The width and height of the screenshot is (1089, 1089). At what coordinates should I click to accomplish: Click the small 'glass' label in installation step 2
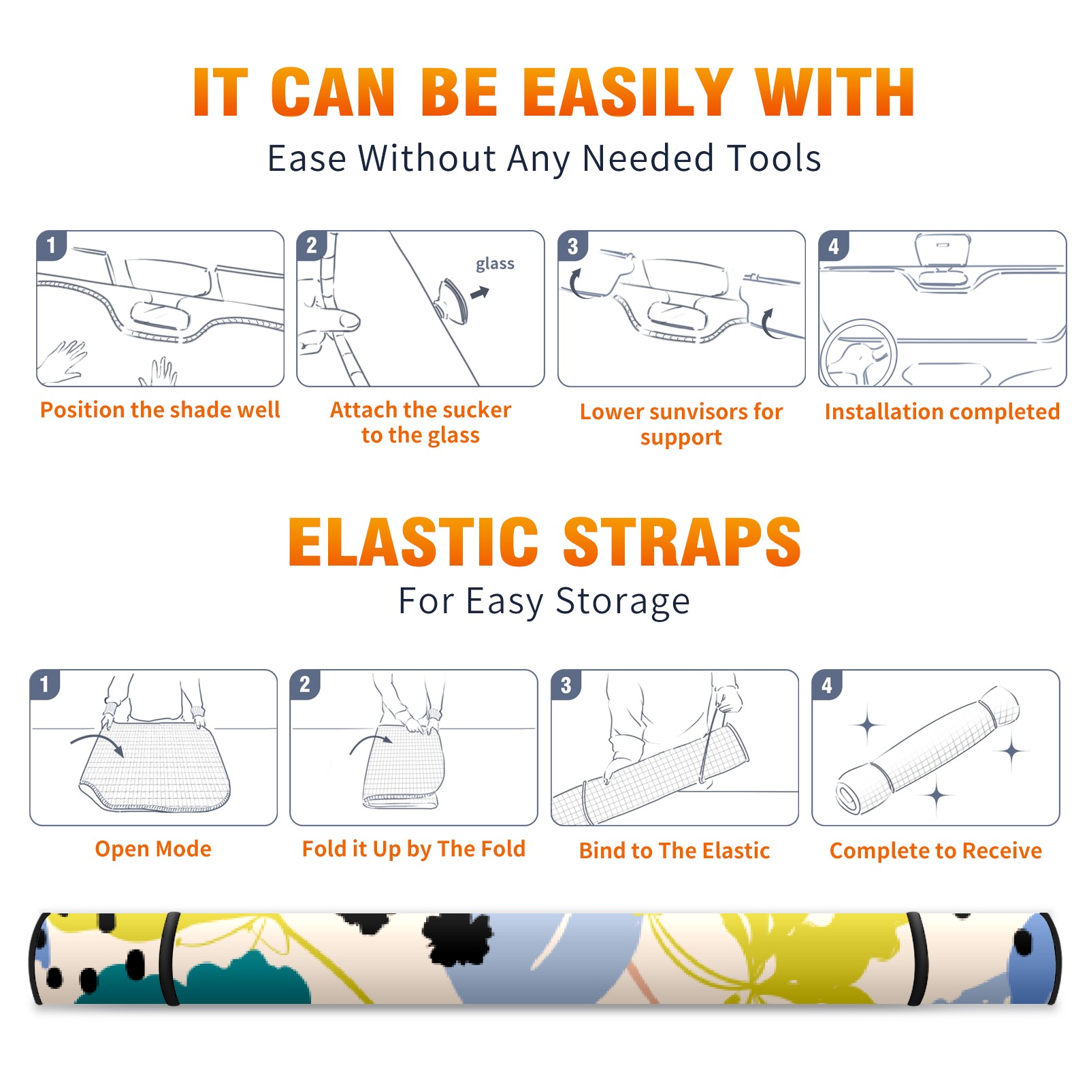click(495, 263)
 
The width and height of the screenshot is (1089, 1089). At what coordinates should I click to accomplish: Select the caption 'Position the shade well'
click(160, 410)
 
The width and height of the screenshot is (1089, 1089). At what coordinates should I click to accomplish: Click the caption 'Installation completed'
click(942, 412)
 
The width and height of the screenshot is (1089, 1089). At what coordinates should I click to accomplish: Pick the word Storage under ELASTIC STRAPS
click(623, 602)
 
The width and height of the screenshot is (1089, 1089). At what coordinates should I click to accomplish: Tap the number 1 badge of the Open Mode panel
click(45, 684)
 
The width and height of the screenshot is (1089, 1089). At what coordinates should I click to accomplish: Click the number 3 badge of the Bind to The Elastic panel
click(566, 685)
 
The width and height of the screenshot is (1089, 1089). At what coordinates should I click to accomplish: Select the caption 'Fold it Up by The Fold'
click(414, 849)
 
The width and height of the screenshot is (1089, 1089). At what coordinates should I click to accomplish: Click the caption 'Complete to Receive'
click(936, 851)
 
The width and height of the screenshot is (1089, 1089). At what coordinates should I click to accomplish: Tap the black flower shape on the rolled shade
click(458, 940)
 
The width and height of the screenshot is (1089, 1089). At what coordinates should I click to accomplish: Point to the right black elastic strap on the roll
click(917, 960)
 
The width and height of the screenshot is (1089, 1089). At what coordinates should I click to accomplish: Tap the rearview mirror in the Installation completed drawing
click(943, 250)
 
